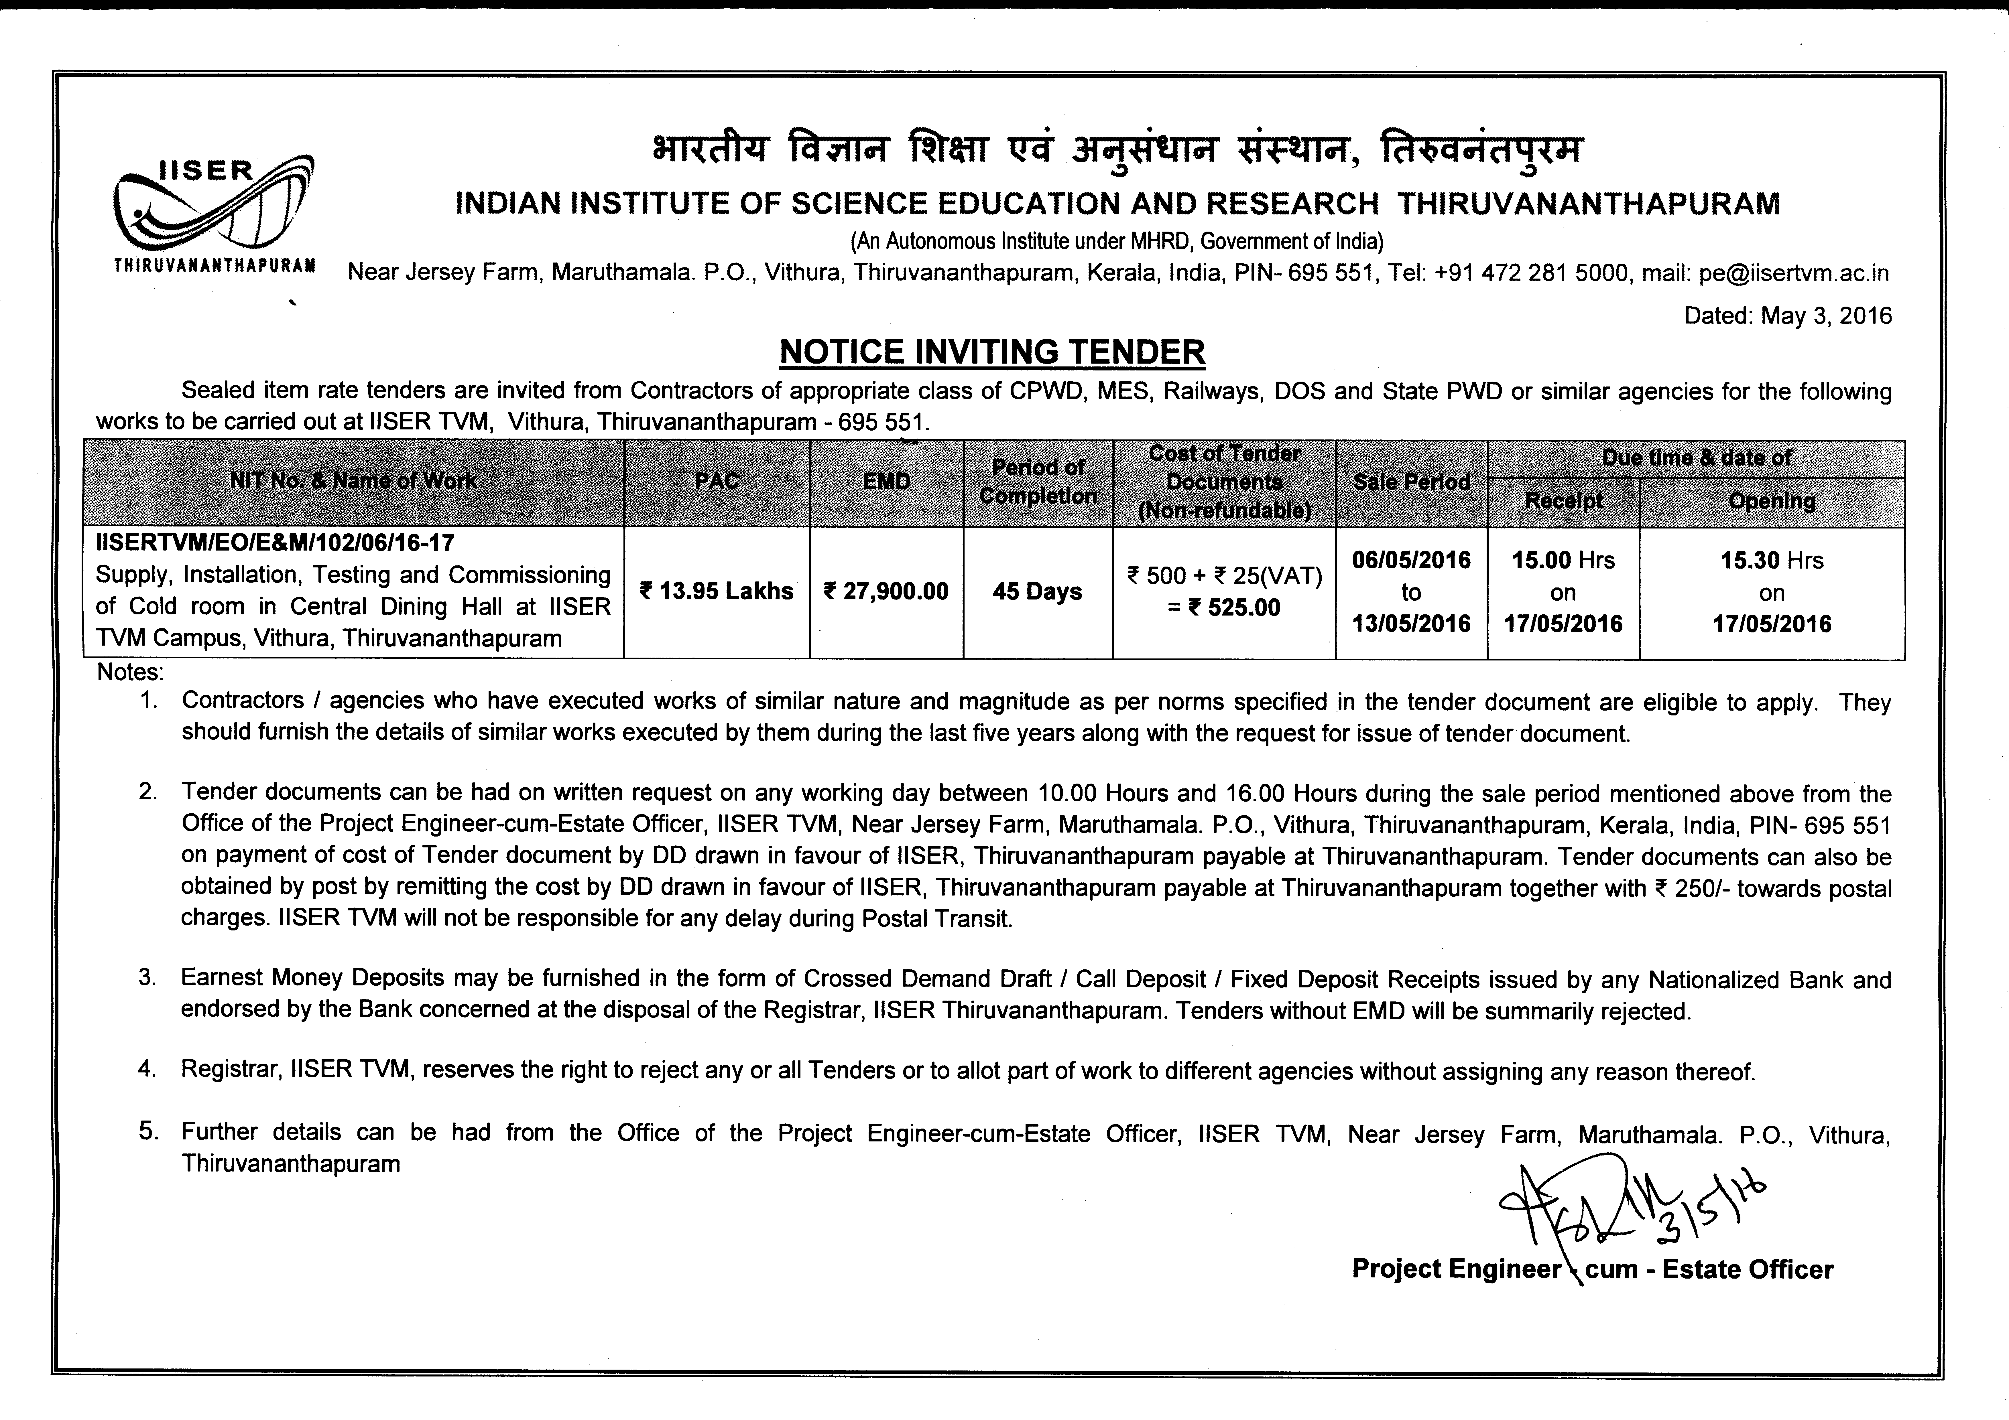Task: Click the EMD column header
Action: click(x=886, y=481)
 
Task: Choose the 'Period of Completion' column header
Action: click(x=1038, y=481)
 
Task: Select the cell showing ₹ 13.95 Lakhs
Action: click(x=717, y=591)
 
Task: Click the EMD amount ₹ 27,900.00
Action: click(x=886, y=591)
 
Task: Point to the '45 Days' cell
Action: click(x=1038, y=591)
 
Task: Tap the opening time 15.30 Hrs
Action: click(x=1772, y=560)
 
